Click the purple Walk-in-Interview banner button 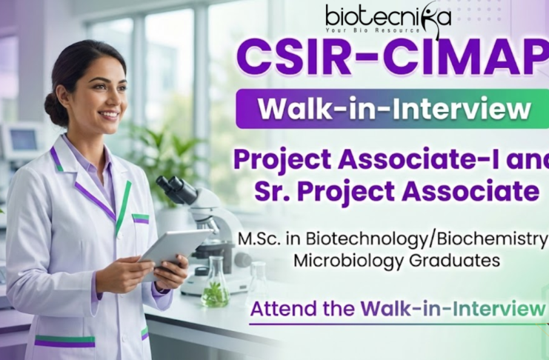pos(393,109)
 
